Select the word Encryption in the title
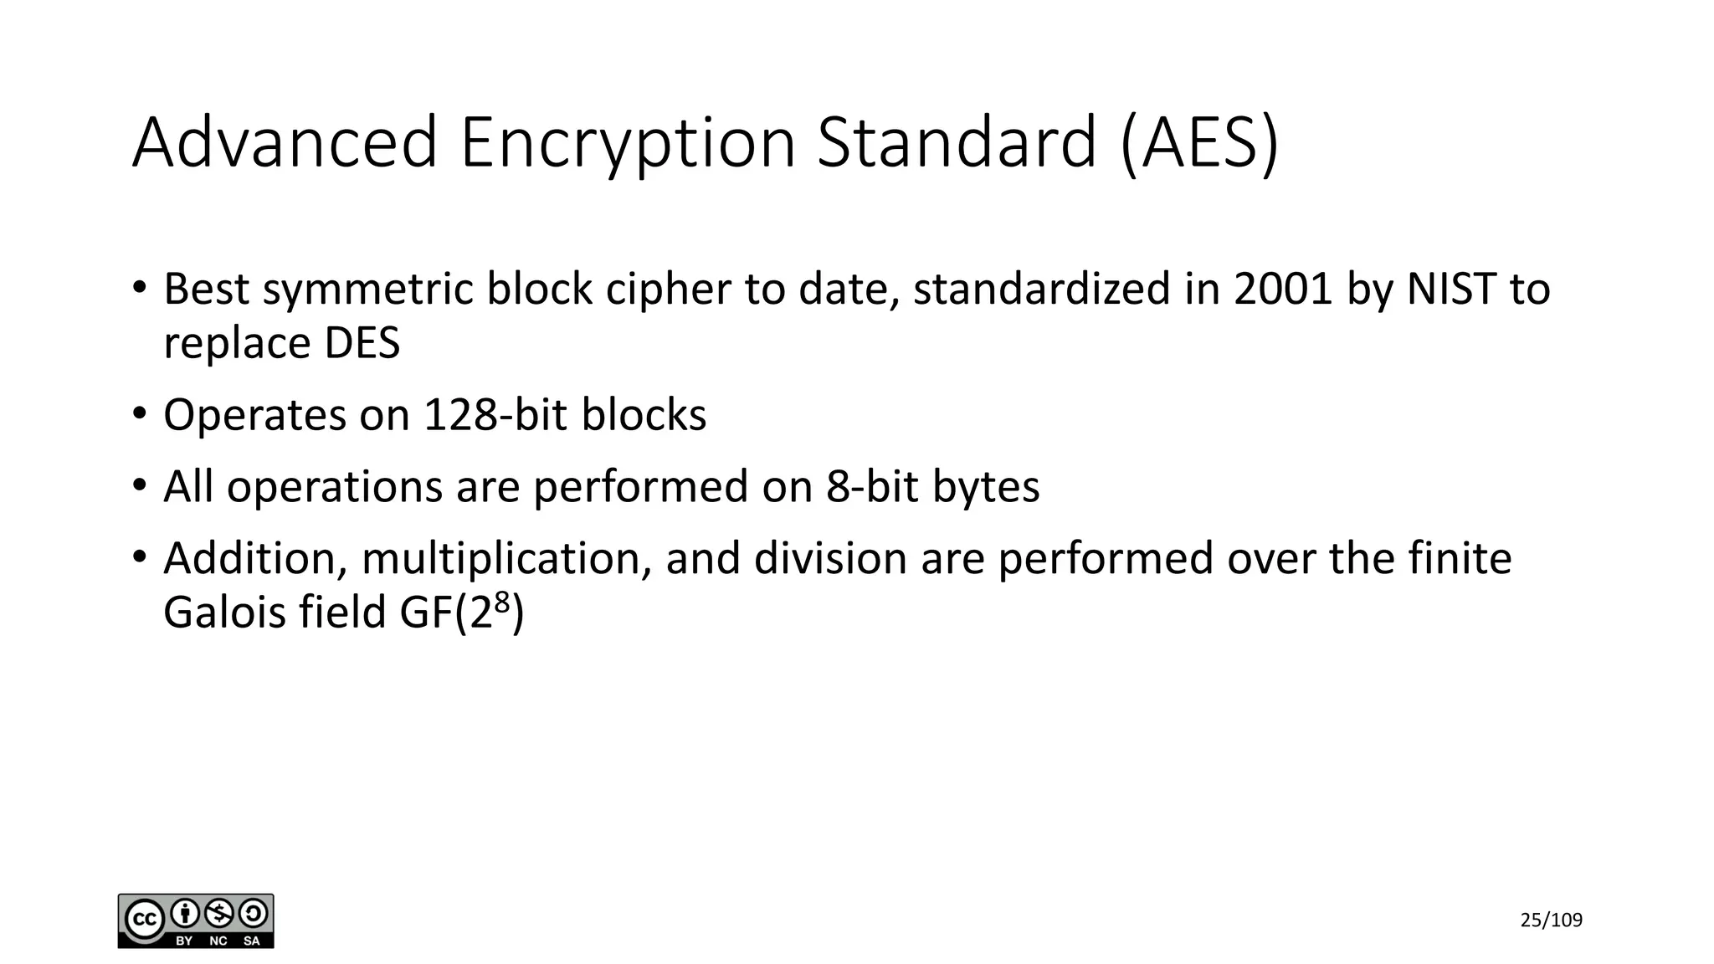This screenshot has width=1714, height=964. [628, 142]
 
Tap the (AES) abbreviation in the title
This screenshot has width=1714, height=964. [1199, 142]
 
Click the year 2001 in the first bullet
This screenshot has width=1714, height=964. [1282, 289]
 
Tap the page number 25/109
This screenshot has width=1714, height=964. [1551, 920]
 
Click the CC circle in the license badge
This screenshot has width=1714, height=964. [144, 920]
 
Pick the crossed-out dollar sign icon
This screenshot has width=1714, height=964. [219, 913]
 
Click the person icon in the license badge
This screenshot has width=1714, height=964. [185, 913]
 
